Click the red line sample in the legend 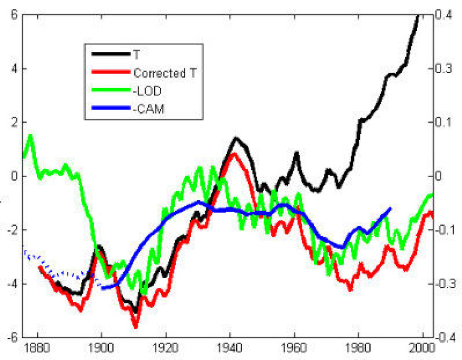click(107, 74)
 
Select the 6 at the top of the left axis click(14, 14)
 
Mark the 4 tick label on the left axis click(14, 68)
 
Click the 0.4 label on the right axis click(445, 14)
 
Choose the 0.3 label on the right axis click(445, 68)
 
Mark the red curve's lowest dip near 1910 click(136, 327)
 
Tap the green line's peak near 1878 click(31, 136)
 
